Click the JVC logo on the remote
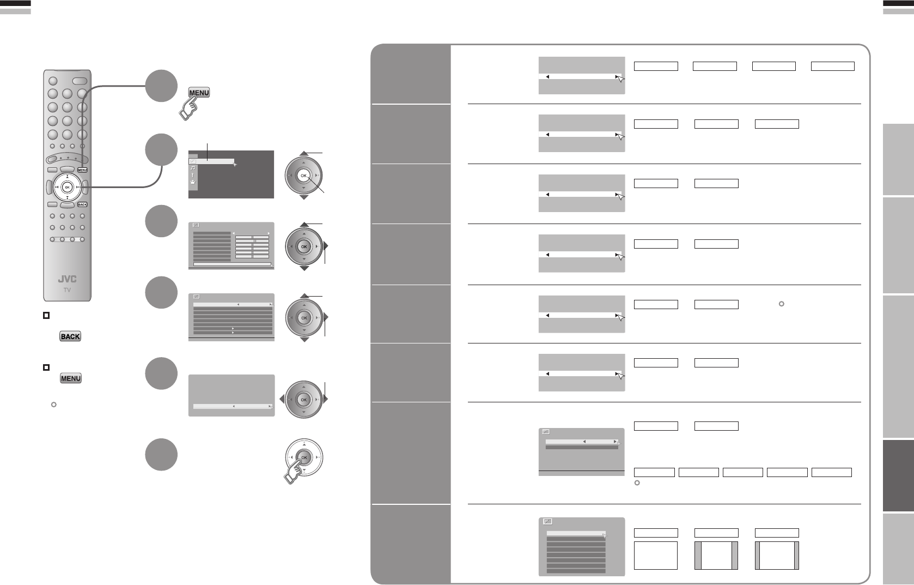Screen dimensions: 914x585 click(67, 280)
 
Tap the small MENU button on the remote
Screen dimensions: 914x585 click(82, 170)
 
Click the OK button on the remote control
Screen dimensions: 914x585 click(67, 187)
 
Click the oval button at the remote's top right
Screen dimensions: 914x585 click(80, 81)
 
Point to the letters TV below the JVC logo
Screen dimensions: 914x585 click(67, 290)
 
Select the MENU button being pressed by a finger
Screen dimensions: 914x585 click(199, 93)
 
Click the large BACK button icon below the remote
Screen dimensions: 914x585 click(70, 336)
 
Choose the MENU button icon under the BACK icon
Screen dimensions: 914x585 click(70, 378)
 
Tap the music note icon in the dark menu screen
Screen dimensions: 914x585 click(193, 168)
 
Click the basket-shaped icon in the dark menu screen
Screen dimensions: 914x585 click(193, 182)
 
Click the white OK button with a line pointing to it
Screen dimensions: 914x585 click(304, 176)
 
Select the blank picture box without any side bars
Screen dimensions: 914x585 click(656, 556)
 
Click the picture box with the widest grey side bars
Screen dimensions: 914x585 click(716, 556)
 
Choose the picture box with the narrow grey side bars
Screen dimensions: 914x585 click(777, 556)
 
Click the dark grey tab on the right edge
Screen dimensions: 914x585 click(898, 476)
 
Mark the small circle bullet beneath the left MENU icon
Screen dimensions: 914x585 click(53, 405)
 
